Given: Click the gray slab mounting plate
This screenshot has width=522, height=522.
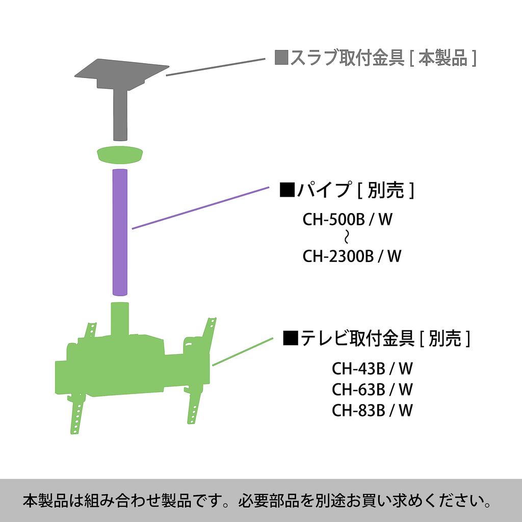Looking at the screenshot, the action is point(121,74).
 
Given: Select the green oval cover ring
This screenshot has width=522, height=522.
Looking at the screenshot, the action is point(120,155).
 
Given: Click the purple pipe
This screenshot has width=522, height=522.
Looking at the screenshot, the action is point(120,232).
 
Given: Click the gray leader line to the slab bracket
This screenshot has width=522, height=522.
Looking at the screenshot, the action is point(216,67).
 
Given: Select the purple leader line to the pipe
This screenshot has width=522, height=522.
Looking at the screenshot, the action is point(200,208).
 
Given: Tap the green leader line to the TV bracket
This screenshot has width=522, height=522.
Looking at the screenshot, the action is point(243,352).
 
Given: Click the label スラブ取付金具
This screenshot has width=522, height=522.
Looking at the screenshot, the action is point(347,58).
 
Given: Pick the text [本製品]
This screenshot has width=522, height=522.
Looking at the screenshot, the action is point(443,58).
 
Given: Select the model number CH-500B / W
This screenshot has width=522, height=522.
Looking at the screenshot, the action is point(347,219).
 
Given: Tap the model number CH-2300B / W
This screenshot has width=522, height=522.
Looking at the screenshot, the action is point(352,256).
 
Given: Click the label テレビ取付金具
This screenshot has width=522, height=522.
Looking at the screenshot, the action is point(357,338).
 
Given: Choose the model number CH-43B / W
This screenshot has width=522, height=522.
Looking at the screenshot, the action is point(372,369).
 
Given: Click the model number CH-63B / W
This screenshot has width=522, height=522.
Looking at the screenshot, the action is point(372,389).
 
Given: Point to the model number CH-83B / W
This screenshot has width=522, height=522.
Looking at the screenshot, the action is point(372,410).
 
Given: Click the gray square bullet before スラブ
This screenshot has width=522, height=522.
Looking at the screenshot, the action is point(281,58).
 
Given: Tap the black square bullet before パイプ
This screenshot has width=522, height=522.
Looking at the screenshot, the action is point(288,190).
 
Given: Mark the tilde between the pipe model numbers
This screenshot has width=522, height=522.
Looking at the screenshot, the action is point(347,238).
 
